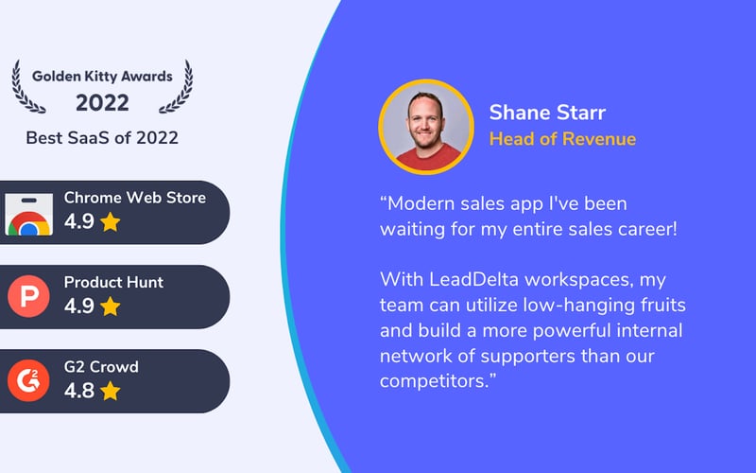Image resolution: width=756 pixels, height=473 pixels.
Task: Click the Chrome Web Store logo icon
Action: (28, 213)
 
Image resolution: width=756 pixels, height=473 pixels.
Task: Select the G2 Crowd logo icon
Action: (28, 381)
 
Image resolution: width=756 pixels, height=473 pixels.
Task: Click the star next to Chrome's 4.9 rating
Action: (111, 222)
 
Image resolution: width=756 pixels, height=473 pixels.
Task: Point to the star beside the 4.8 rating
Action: (111, 391)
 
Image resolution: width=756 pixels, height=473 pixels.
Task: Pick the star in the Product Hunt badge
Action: (111, 307)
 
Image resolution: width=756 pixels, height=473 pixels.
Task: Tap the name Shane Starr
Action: (547, 113)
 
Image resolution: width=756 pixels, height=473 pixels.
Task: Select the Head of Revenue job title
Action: (562, 139)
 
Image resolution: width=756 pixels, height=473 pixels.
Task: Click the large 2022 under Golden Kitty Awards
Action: (102, 102)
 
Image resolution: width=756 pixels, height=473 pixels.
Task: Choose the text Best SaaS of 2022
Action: (102, 138)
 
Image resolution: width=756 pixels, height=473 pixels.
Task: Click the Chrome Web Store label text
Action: (134, 198)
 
